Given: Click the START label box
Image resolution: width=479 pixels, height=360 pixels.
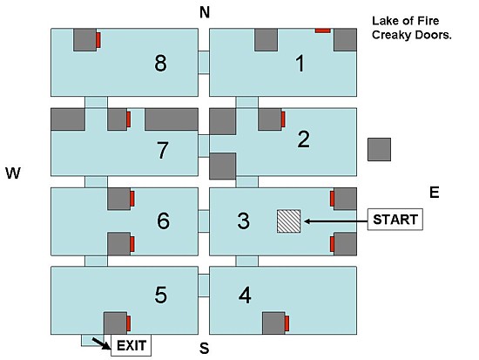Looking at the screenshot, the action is pyautogui.click(x=395, y=220).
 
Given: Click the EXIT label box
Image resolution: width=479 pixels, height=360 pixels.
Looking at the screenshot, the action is pyautogui.click(x=131, y=345).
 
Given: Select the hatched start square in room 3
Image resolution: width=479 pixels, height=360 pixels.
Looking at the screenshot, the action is pyautogui.click(x=288, y=221).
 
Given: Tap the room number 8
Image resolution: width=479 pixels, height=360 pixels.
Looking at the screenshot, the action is pyautogui.click(x=161, y=64).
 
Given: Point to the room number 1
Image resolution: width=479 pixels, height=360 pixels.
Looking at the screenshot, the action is pyautogui.click(x=300, y=64).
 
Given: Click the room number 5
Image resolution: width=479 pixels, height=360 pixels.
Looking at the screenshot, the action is pyautogui.click(x=161, y=295).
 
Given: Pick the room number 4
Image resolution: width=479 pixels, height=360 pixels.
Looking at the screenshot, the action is pyautogui.click(x=245, y=295).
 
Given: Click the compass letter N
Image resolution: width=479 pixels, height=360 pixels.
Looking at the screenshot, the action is pyautogui.click(x=205, y=12).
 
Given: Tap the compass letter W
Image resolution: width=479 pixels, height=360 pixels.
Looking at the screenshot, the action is pyautogui.click(x=13, y=173).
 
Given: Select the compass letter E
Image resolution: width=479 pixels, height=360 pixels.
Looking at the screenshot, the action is pyautogui.click(x=434, y=193).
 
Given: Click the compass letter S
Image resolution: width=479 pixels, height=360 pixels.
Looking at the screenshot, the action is pyautogui.click(x=205, y=348).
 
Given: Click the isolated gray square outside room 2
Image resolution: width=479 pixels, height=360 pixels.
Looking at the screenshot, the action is pyautogui.click(x=379, y=150).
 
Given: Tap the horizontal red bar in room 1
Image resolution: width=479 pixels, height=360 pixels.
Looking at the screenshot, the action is pyautogui.click(x=323, y=31).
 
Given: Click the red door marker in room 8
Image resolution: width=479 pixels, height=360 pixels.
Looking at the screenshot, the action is pyautogui.click(x=98, y=40).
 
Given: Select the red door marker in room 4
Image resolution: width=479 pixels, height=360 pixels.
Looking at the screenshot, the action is pyautogui.click(x=287, y=323).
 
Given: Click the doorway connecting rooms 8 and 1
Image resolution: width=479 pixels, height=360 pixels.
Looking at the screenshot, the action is pyautogui.click(x=204, y=63).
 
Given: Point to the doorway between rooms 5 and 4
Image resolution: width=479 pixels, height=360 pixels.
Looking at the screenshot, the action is pyautogui.click(x=204, y=285).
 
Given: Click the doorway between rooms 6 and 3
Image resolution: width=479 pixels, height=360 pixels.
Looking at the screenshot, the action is pyautogui.click(x=204, y=221).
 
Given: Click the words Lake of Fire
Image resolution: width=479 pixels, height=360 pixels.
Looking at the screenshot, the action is pyautogui.click(x=405, y=21).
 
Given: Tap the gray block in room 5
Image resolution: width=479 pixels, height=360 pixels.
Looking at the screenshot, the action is pyautogui.click(x=116, y=323).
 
